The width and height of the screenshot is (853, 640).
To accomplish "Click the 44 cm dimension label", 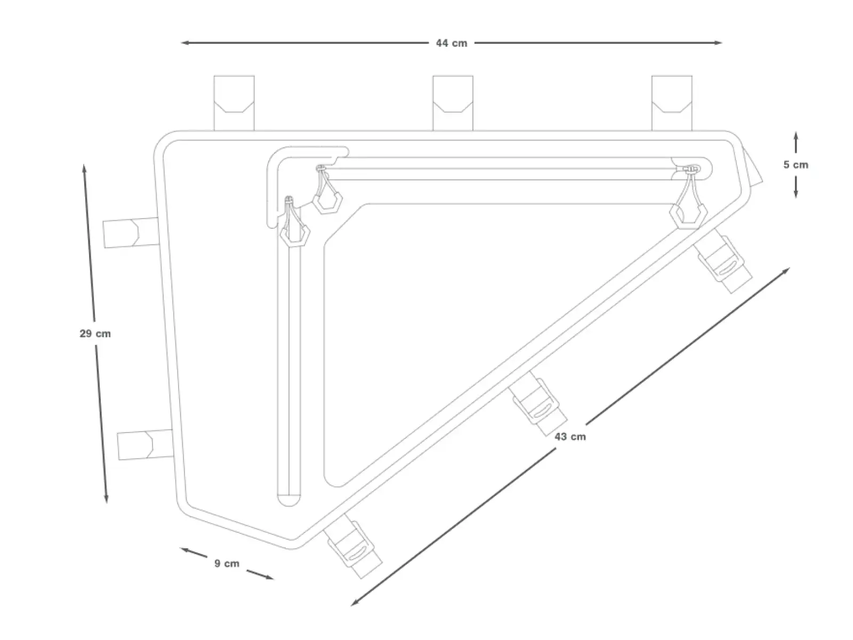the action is [x=451, y=43].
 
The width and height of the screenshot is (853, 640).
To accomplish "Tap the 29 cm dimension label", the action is [x=95, y=333].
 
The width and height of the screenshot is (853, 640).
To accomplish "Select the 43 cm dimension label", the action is [x=570, y=437].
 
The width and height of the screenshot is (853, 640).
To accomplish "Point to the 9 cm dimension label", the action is [x=227, y=563].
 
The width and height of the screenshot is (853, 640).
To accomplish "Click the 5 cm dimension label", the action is [x=796, y=165].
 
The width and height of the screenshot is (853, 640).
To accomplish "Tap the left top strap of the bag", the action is [x=234, y=103].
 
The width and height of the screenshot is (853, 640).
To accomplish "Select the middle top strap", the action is [x=453, y=103].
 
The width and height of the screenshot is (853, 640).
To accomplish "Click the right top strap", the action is [x=672, y=103].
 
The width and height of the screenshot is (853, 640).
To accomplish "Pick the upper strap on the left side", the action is [x=131, y=233].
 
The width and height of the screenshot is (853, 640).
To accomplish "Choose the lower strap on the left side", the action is [x=146, y=445].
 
